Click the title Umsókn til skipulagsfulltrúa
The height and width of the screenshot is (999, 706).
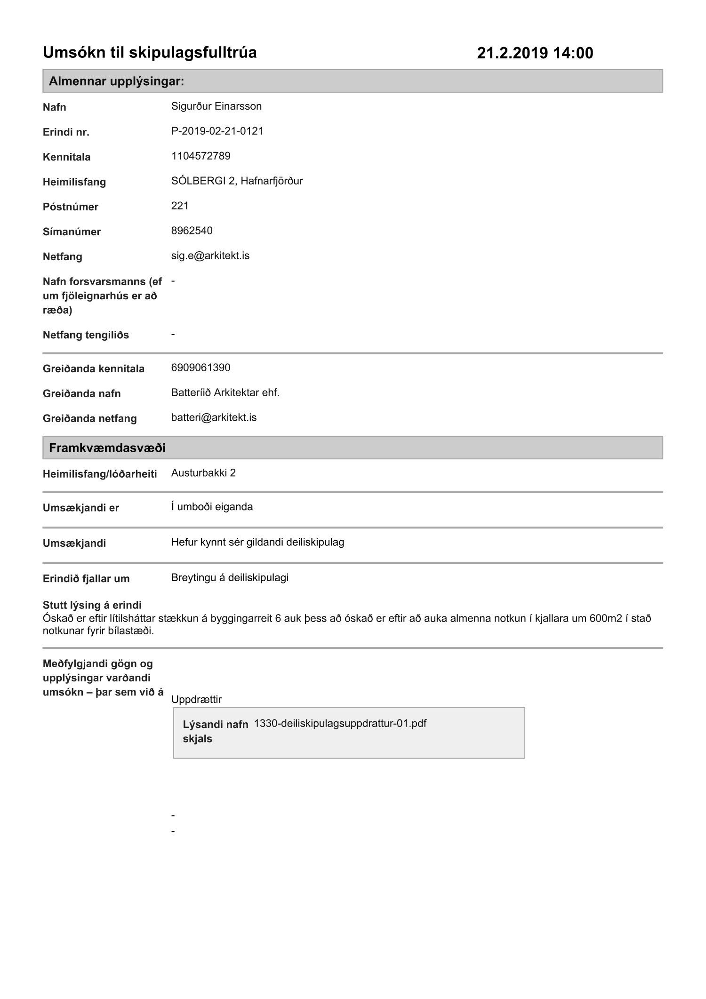(150, 52)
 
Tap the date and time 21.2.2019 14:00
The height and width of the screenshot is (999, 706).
(535, 53)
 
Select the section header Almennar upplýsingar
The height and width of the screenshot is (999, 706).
(116, 81)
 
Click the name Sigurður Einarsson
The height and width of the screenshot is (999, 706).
(216, 106)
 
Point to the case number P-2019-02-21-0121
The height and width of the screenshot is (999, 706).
(217, 131)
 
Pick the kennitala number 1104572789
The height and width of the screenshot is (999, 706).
(201, 156)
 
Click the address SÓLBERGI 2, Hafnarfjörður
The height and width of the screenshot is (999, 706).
(237, 181)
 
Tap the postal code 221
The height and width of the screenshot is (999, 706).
(180, 206)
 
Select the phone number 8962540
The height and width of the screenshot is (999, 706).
(192, 231)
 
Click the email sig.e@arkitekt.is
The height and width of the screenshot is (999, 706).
(210, 256)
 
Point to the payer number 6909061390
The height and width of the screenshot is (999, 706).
(201, 368)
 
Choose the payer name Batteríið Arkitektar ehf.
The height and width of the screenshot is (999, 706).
(225, 392)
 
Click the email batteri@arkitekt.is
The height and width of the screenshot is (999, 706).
(214, 417)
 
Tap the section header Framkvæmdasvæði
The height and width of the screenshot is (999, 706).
(107, 448)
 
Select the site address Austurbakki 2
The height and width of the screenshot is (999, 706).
(203, 473)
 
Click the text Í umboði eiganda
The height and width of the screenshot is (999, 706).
(212, 507)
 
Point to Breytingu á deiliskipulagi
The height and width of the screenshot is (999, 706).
(230, 577)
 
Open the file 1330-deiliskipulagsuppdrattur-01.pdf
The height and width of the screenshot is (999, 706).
(340, 723)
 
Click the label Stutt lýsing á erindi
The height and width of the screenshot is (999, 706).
(92, 605)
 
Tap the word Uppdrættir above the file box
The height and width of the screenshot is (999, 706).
(196, 699)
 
